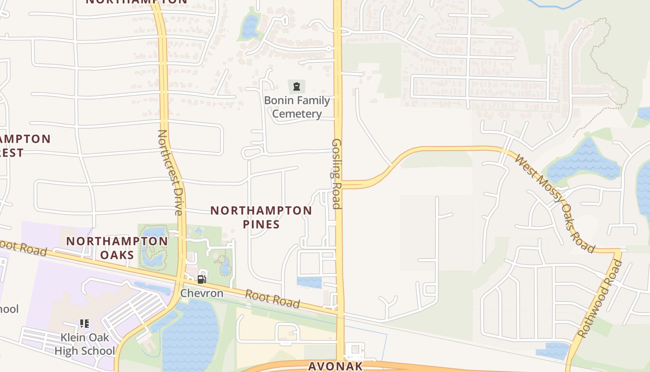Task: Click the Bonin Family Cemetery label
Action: [297, 107]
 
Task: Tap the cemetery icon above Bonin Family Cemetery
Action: [296, 86]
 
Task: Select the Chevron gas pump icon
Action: [201, 279]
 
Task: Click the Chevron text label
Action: [201, 293]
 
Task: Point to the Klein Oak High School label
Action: [84, 344]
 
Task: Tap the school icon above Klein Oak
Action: [84, 324]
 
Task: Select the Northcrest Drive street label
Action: [169, 172]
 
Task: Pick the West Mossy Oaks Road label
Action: [555, 203]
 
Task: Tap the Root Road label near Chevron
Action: [272, 299]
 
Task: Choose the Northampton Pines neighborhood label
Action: [261, 217]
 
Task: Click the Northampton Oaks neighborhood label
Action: [117, 248]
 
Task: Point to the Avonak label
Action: [335, 366]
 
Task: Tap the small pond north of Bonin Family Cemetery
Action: [250, 27]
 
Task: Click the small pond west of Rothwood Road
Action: [552, 351]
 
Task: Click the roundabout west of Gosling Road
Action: [328, 48]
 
